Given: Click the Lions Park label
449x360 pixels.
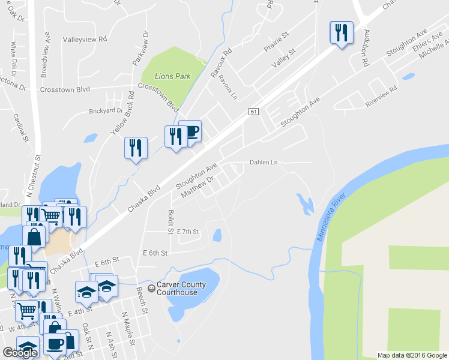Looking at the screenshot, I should point(172,77).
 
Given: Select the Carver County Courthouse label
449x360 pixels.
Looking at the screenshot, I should point(176,289).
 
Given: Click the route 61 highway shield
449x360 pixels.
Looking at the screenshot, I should point(254,112).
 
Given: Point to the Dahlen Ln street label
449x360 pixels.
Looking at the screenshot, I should point(264,163).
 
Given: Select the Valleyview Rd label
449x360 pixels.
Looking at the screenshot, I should point(85,39).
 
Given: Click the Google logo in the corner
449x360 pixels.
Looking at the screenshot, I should point(20,353).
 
